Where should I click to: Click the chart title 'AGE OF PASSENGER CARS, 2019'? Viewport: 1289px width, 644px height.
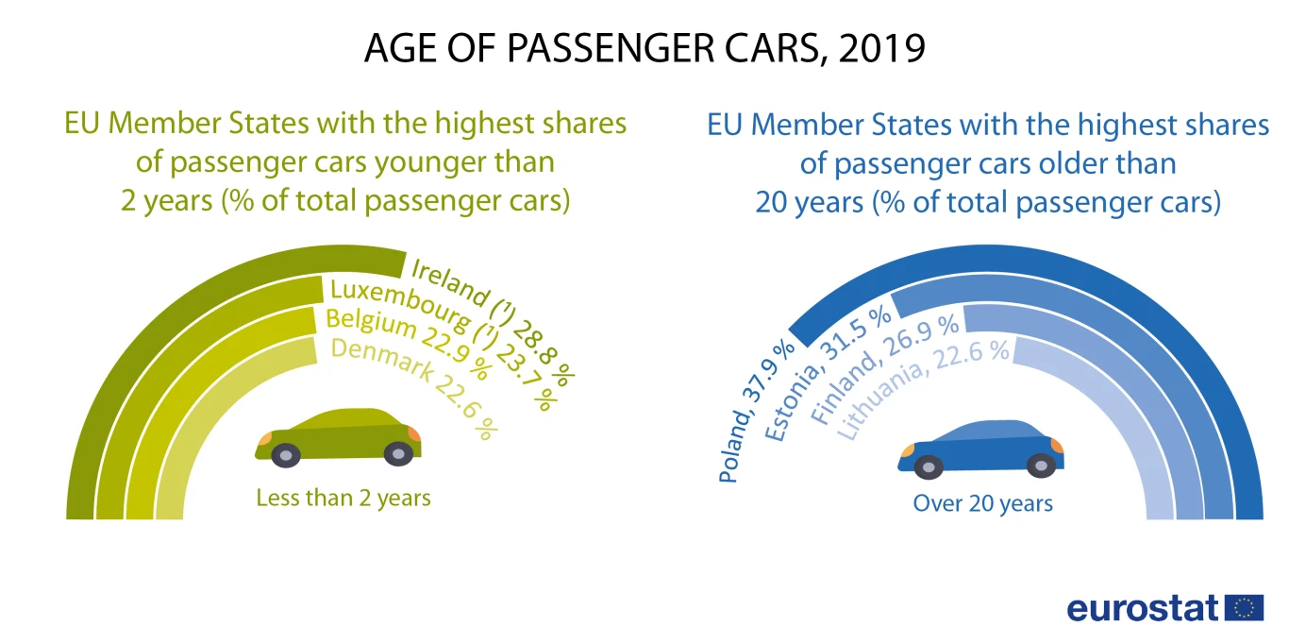(644, 48)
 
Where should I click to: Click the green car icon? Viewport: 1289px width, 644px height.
(340, 436)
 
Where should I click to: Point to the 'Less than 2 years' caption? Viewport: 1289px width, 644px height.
(343, 498)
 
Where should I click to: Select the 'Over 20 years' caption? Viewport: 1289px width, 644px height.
(982, 503)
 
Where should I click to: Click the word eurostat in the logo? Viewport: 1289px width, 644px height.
(1143, 608)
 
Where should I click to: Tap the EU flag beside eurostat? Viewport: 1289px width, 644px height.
(1245, 607)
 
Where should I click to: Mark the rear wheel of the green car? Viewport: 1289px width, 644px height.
(286, 455)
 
